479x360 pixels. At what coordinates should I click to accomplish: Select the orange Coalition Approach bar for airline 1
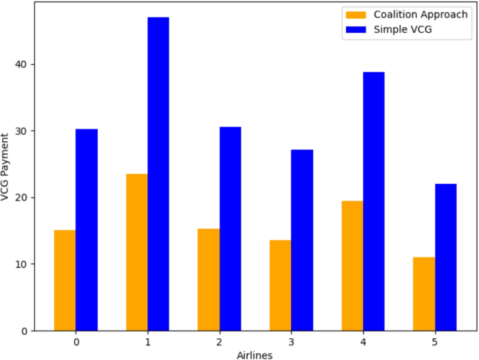136,252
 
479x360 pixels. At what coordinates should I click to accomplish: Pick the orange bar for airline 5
424,294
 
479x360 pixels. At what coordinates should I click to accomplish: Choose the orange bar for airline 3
280,285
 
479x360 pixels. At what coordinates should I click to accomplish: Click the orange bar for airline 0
64,280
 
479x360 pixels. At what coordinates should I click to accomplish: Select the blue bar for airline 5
445,257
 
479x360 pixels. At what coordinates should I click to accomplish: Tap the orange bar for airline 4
352,266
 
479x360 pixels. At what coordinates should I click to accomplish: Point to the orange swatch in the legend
355,15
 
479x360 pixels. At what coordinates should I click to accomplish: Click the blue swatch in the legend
355,29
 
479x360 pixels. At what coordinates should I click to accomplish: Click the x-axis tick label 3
291,343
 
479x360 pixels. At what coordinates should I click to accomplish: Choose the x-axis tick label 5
434,343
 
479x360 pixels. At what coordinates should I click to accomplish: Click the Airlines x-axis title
255,354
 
